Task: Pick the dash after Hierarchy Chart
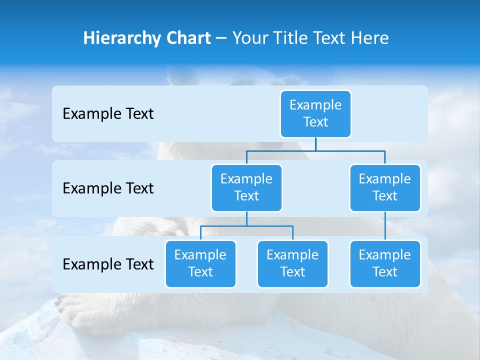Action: tap(221, 38)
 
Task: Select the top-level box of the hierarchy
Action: tap(315, 113)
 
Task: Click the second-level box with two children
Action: tap(246, 187)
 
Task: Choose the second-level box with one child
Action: tap(385, 187)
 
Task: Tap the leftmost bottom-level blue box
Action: tap(200, 263)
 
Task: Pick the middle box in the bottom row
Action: tap(292, 263)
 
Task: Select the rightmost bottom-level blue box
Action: tap(385, 263)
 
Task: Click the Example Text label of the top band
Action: tap(108, 113)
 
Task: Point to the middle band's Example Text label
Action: tap(108, 188)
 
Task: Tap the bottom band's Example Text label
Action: tap(108, 264)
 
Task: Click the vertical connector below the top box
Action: tap(315, 144)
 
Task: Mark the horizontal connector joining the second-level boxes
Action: tap(315, 150)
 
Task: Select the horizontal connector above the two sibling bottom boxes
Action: tap(246, 226)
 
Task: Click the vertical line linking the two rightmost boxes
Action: tap(385, 226)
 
